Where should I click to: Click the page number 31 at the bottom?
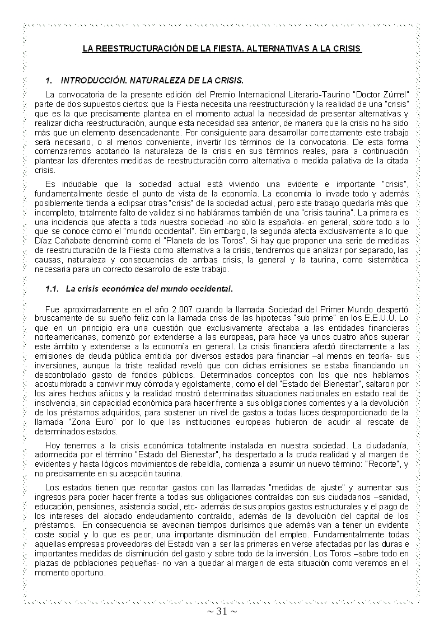(x=222, y=611)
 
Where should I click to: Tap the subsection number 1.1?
(x=52, y=289)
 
